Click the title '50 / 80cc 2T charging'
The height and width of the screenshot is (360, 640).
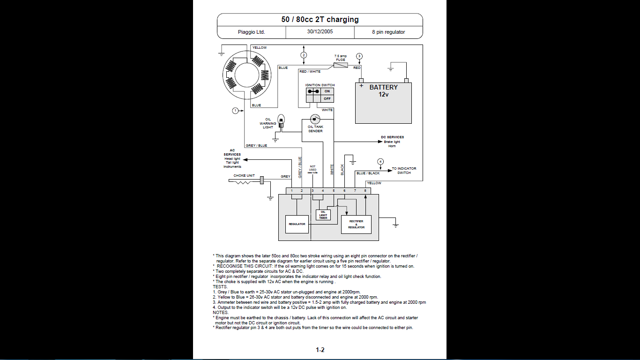tap(320, 19)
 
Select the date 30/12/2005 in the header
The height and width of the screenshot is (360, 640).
tap(320, 32)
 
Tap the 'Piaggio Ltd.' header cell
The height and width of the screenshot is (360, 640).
tap(252, 32)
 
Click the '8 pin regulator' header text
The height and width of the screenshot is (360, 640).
tap(388, 32)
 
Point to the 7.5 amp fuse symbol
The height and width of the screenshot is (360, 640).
tap(341, 65)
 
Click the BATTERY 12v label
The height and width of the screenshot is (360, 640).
tap(383, 90)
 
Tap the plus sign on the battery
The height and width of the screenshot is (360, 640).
tap(361, 85)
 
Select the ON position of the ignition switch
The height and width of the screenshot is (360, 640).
tap(327, 91)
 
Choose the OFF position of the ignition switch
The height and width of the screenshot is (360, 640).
tap(327, 98)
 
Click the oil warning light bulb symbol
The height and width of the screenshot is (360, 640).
tap(281, 121)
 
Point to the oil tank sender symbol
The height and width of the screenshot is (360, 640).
tap(315, 119)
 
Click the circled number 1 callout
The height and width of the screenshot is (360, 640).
tap(235, 111)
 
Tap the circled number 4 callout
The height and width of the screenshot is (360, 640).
tap(380, 162)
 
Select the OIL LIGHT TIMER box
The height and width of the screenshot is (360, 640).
tap(323, 215)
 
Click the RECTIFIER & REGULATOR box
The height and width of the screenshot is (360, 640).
tap(356, 225)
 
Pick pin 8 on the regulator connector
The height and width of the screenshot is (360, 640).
tap(365, 191)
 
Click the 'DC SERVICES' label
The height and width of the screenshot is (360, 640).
tap(392, 137)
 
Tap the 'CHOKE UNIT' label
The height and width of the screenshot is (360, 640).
tap(244, 176)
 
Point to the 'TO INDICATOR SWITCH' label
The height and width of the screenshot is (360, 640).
tap(404, 171)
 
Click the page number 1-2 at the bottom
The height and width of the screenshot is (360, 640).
tap(320, 350)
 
